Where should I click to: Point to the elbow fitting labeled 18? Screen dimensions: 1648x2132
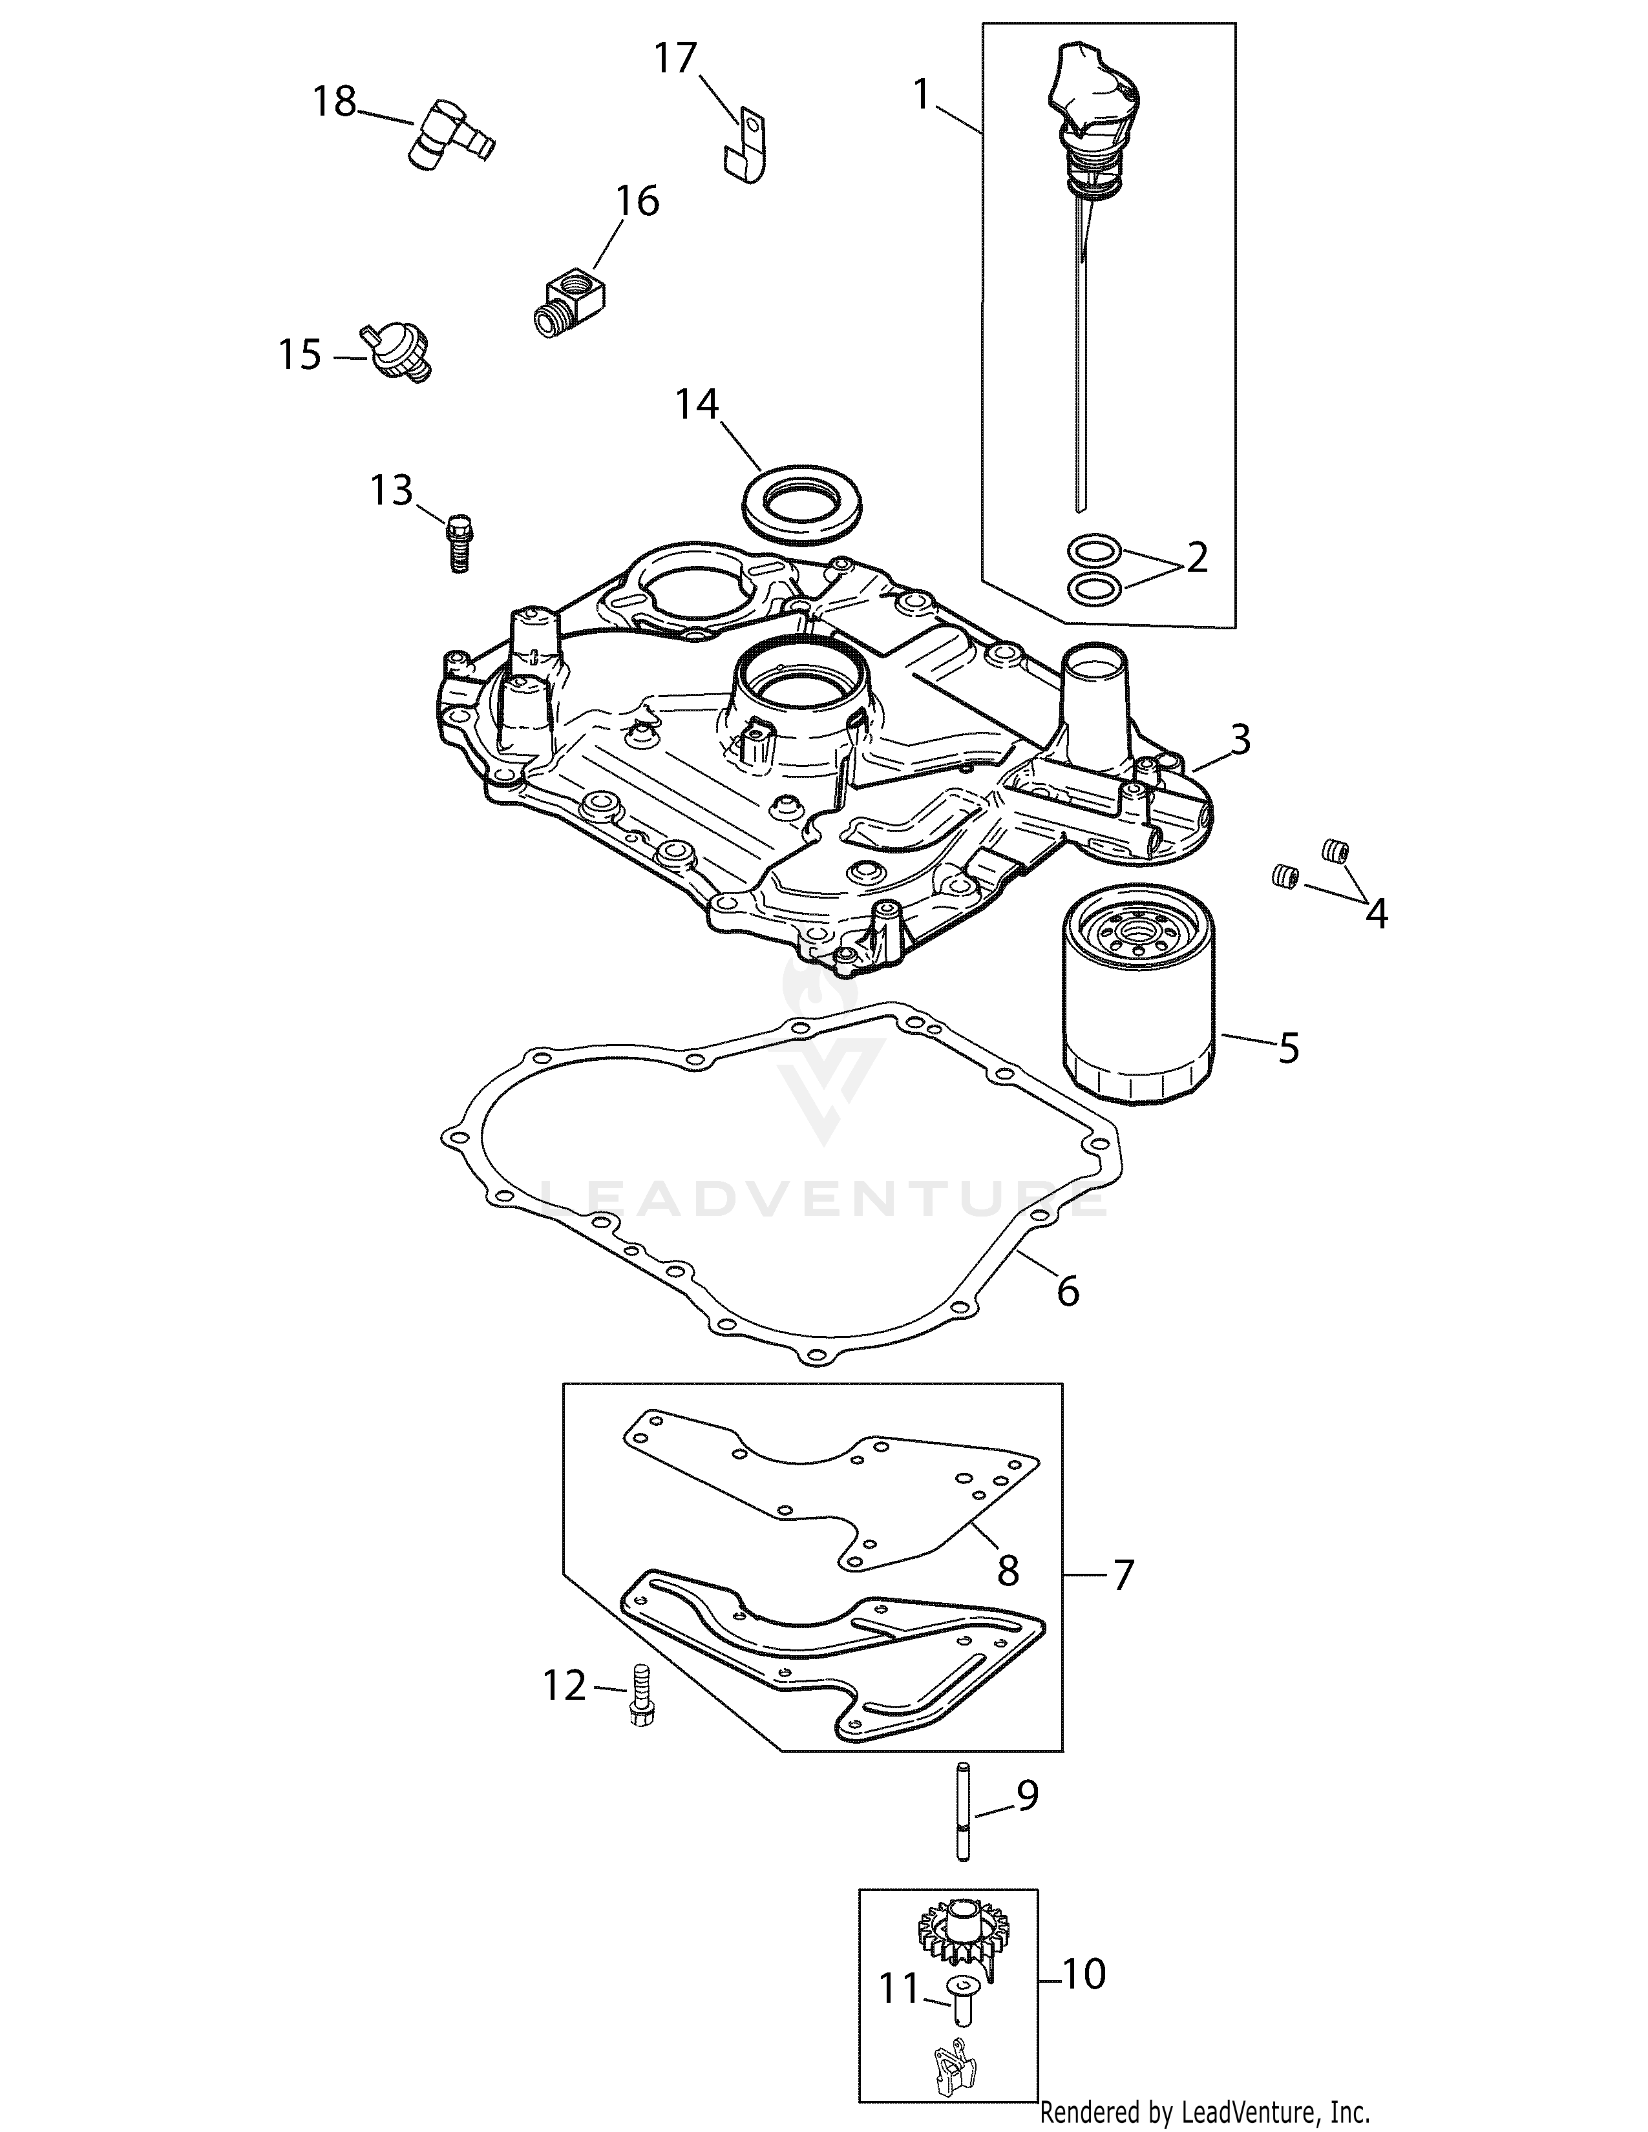point(449,138)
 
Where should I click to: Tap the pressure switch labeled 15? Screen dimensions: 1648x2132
point(396,351)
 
